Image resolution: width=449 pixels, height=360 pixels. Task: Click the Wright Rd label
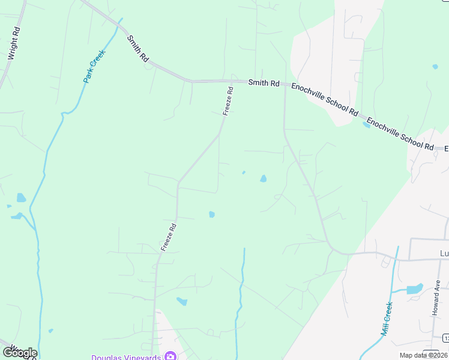14,43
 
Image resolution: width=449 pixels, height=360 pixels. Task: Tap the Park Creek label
94,65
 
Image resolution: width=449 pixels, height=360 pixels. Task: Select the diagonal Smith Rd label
137,49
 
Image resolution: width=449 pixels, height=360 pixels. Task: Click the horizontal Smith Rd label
264,83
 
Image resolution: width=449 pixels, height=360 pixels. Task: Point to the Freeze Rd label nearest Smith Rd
228,101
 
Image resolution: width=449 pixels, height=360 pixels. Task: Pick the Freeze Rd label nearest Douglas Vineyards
169,237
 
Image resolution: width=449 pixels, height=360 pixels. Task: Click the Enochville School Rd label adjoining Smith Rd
325,100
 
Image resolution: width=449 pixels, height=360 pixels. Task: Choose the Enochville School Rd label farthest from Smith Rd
400,134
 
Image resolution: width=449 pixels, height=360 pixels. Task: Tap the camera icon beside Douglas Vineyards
170,356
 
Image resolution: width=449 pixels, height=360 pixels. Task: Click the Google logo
19,353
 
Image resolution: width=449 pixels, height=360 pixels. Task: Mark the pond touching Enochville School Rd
366,125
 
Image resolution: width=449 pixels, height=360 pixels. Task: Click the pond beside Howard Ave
415,289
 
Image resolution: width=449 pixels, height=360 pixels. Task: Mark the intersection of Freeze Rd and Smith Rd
232,80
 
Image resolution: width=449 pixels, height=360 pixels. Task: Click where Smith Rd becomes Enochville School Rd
285,85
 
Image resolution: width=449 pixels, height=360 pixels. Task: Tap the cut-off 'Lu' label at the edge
444,253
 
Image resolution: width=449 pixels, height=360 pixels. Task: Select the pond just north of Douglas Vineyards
181,301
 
